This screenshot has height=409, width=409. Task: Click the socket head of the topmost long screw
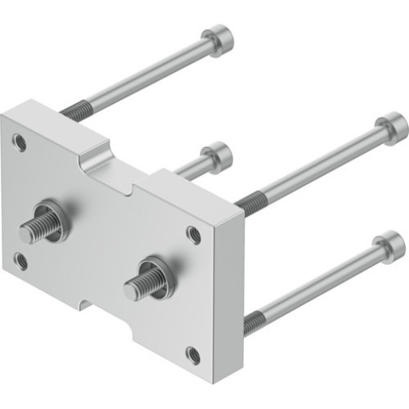[x=218, y=38]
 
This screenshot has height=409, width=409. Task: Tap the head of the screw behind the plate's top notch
[x=217, y=155]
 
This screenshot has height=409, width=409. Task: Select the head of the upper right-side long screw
[x=391, y=128]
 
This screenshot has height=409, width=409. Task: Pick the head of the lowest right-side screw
[x=388, y=245]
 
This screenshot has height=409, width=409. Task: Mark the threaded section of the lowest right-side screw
[x=254, y=321]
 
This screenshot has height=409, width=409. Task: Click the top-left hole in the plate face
[x=20, y=144]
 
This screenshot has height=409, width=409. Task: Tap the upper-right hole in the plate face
[x=193, y=235]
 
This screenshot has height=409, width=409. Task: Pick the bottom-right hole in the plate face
[x=193, y=355]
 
